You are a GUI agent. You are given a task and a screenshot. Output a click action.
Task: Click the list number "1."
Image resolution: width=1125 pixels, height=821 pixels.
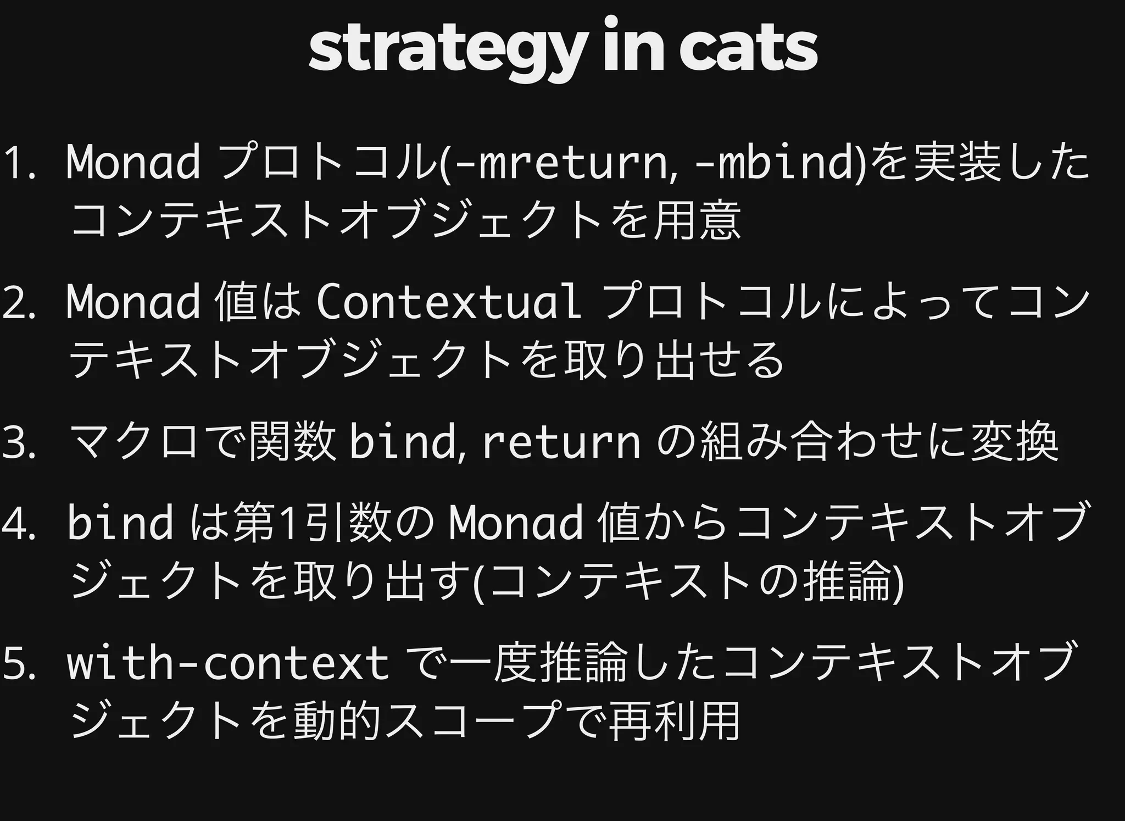[x=19, y=164]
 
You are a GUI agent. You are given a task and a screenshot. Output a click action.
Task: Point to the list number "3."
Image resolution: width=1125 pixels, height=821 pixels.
[x=19, y=443]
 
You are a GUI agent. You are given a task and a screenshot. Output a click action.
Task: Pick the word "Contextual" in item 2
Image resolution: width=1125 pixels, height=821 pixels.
[x=448, y=302]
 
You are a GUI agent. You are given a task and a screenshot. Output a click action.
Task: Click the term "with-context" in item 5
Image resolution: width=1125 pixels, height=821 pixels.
[x=228, y=663]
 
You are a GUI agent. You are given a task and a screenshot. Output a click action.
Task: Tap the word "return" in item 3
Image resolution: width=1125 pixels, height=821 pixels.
[x=561, y=442]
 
